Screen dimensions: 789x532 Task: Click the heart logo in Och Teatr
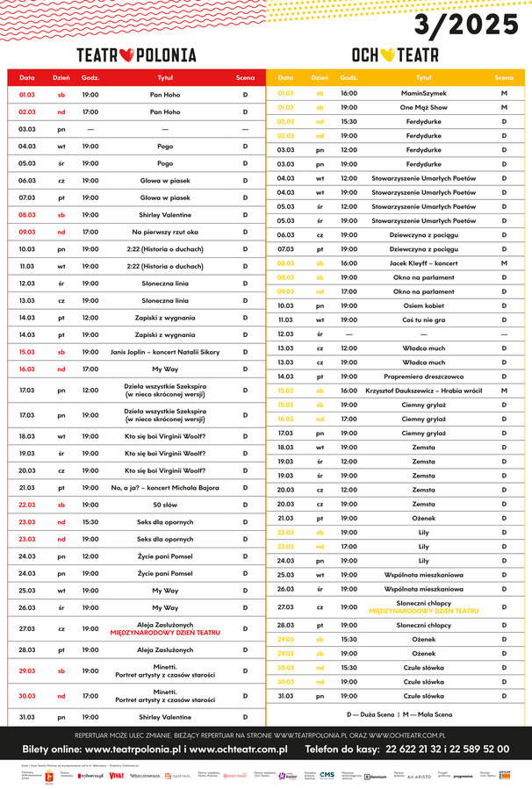click(387, 54)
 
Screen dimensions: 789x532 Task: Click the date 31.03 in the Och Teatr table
click(286, 695)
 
